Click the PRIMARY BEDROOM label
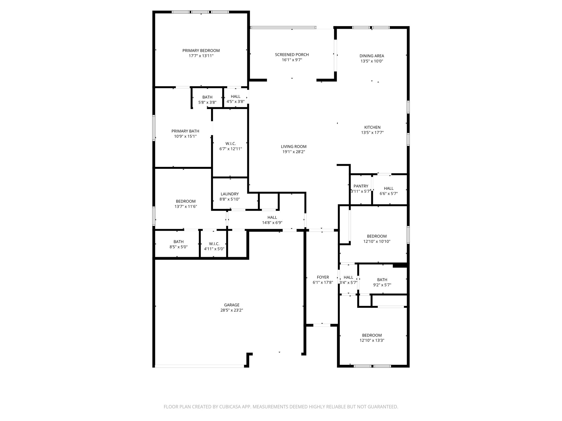click(x=201, y=50)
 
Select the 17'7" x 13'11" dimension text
click(x=201, y=56)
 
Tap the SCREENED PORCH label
click(x=292, y=55)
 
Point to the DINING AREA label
click(x=372, y=56)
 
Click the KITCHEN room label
click(x=372, y=127)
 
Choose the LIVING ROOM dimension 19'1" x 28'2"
click(x=293, y=152)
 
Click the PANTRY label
click(x=361, y=186)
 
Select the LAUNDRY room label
click(x=229, y=194)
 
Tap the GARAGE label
click(x=232, y=305)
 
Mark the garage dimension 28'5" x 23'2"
click(x=232, y=310)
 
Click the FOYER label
click(x=323, y=277)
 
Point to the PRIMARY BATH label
click(x=185, y=131)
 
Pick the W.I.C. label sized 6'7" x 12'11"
click(x=231, y=144)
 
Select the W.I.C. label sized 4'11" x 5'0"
click(x=214, y=244)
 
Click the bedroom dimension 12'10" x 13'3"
click(x=372, y=340)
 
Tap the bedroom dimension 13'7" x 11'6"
click(x=186, y=206)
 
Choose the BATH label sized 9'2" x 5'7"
click(x=382, y=280)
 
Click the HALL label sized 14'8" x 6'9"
click(x=272, y=217)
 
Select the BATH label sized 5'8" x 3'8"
click(x=207, y=97)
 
